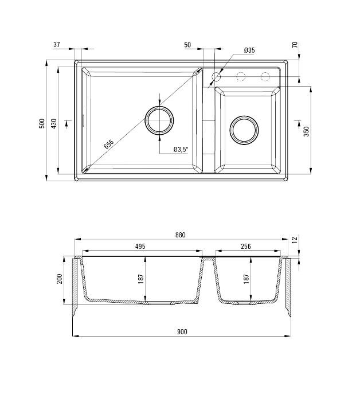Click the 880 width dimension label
pos(181,235)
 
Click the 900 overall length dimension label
pos(182,331)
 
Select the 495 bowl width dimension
pos(140,247)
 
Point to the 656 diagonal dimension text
pos(109,144)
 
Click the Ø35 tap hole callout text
pos(249,50)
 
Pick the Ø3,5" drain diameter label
pos(182,150)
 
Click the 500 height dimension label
pos(42,123)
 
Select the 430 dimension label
pos(54,123)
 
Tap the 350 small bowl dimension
pos(307,131)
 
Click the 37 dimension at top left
pos(57,45)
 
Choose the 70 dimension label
pos(295,45)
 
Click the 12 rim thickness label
pos(295,240)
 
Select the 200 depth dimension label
pos(60,279)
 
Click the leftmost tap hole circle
pos(217,76)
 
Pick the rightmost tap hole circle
pos(265,76)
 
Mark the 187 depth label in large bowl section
pos(142,279)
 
